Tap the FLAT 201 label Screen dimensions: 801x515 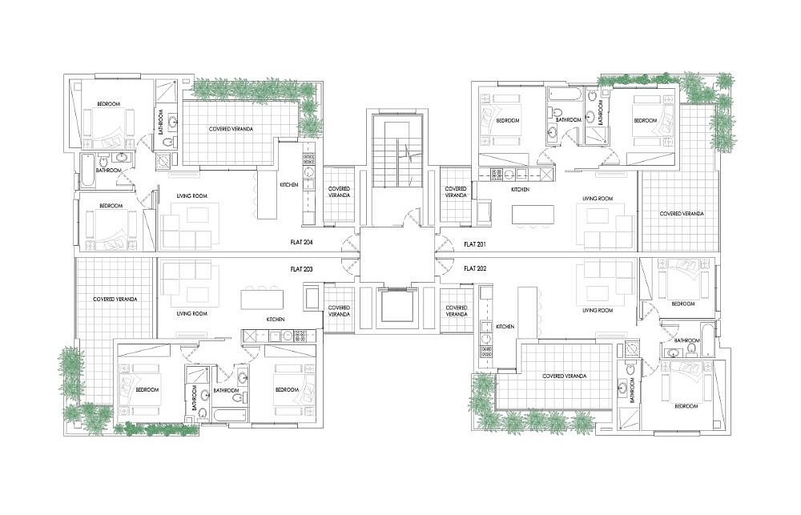(474, 244)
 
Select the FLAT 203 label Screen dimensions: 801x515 (301, 269)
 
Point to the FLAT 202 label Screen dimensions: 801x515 (474, 268)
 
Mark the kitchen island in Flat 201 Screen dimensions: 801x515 (533, 214)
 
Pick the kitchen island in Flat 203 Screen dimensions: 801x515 (262, 300)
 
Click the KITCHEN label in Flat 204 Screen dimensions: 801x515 (289, 185)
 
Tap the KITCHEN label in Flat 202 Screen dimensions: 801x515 (505, 327)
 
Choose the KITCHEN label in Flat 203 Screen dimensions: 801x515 (276, 320)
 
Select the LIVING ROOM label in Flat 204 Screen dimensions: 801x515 (191, 196)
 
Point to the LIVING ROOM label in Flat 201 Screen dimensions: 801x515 (598, 199)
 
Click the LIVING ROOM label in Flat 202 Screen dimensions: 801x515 (598, 310)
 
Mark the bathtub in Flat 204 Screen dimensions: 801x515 (87, 171)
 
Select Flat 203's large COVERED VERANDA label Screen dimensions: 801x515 (115, 299)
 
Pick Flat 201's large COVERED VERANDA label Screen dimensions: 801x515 (682, 214)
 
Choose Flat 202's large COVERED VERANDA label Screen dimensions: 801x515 (565, 376)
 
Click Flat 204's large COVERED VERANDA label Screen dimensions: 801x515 (231, 129)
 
